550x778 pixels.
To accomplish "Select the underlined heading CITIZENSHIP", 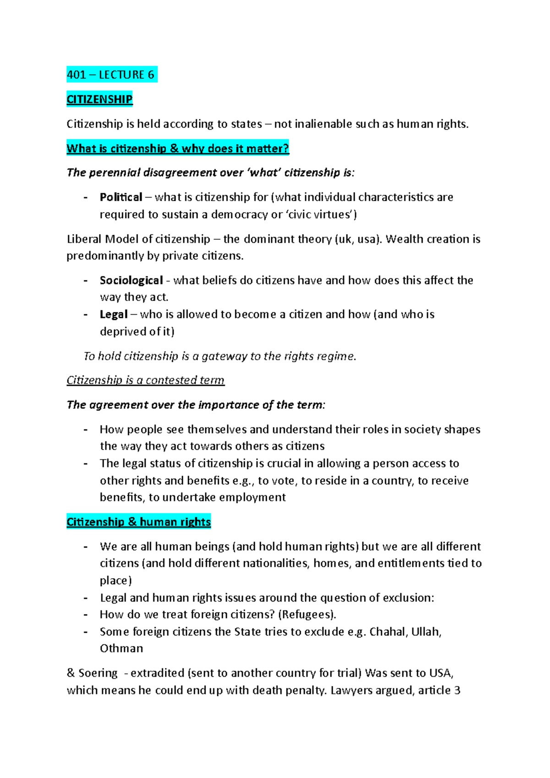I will [99, 99].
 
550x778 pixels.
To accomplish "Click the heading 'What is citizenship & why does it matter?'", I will [178, 148].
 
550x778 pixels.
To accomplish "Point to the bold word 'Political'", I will [121, 197].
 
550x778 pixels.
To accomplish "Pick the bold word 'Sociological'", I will [131, 280].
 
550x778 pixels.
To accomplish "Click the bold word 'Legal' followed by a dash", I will [113, 314].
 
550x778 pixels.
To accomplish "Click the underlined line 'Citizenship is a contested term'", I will [145, 380].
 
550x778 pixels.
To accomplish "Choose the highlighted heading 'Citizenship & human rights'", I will [138, 522].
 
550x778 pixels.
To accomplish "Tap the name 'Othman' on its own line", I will [121, 648].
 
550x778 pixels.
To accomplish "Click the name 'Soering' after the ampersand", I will [98, 673].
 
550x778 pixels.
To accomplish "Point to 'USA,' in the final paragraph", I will [441, 673].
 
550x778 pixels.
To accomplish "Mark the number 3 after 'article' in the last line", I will [457, 690].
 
